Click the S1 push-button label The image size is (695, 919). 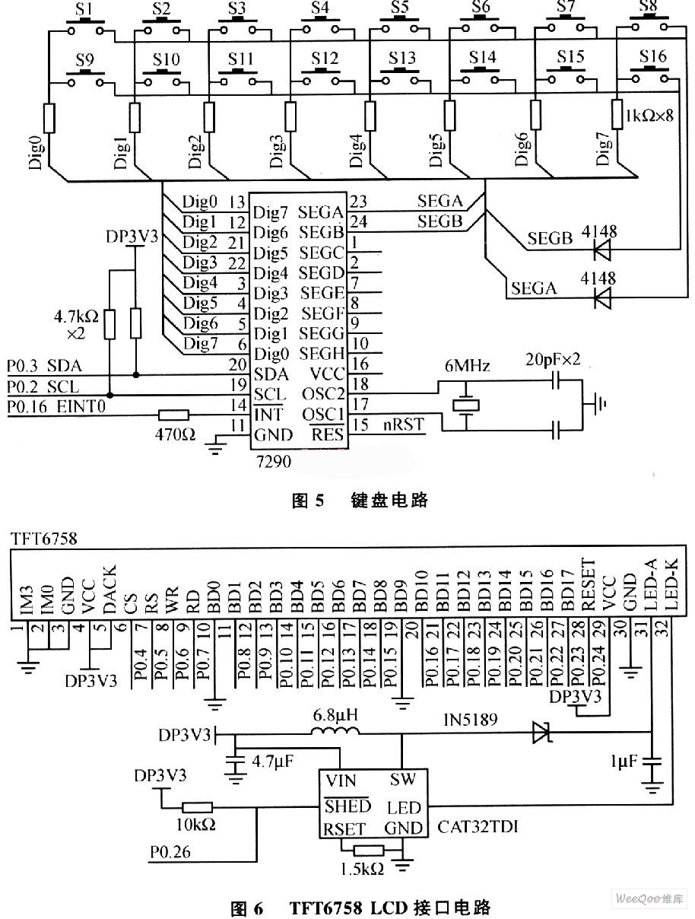(x=85, y=9)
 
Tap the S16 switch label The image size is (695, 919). (x=652, y=56)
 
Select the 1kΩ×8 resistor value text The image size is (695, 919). (x=649, y=116)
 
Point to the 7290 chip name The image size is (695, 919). (x=274, y=461)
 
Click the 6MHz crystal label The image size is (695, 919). (x=467, y=366)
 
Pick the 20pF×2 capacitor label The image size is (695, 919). (x=553, y=359)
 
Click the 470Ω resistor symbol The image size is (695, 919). (x=173, y=415)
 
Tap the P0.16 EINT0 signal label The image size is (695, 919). (x=56, y=406)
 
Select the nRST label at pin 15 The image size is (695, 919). (x=403, y=425)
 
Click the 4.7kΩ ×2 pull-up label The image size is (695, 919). (x=76, y=324)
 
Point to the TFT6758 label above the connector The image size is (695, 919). (x=44, y=539)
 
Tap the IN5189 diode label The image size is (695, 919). (x=471, y=720)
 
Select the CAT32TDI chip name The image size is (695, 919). (x=478, y=827)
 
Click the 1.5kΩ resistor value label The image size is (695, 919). (x=362, y=870)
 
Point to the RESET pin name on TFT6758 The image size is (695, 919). (x=588, y=584)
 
